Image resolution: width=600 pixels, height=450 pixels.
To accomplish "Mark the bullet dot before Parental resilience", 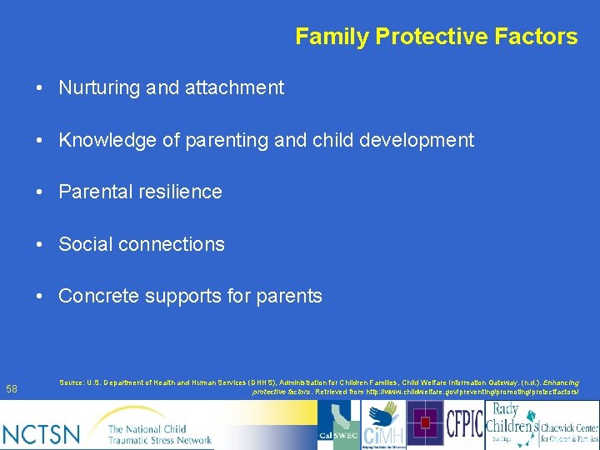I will pos(39,192).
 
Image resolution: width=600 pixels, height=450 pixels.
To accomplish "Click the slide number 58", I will pos(12,389).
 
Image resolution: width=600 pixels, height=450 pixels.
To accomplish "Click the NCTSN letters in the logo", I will pos(42,433).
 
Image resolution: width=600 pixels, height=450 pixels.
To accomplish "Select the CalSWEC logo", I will pos(338,425).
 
